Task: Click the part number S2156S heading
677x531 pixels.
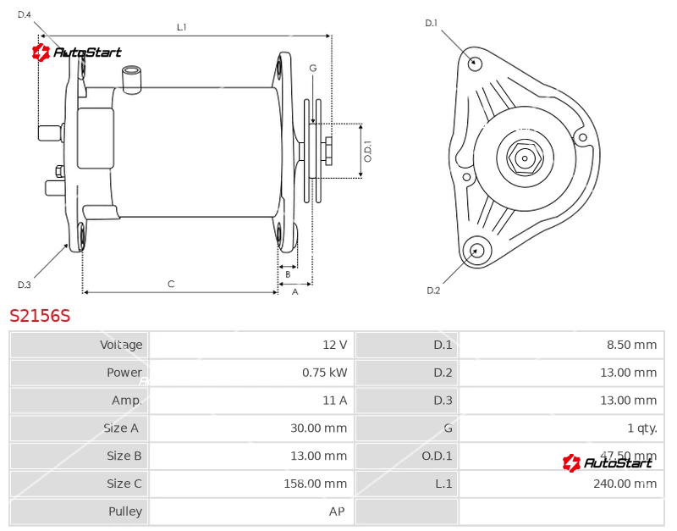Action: (40, 316)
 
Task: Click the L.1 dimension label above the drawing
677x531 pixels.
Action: (182, 27)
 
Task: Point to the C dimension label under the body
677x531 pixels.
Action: (171, 285)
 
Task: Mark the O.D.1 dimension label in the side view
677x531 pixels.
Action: (368, 151)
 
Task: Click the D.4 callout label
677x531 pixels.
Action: (24, 14)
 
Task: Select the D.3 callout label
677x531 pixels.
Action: (24, 285)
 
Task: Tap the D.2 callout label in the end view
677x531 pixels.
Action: (433, 290)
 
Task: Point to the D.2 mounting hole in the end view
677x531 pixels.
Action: (476, 250)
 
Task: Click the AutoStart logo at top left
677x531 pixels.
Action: (77, 53)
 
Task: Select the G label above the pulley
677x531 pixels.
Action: (312, 68)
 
